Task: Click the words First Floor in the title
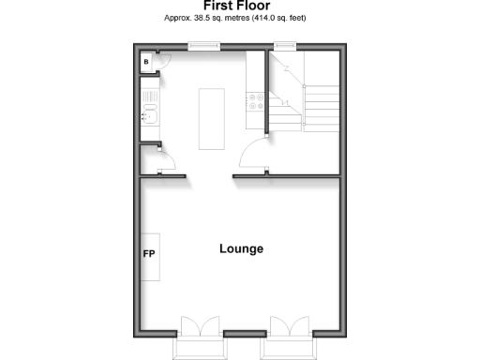[239, 6]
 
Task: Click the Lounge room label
[241, 249]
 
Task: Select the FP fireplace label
[148, 254]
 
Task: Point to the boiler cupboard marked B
[146, 62]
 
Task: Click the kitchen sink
[148, 115]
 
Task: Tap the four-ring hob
[253, 103]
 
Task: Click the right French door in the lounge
[287, 329]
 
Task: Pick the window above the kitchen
[202, 45]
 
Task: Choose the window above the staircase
[283, 45]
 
